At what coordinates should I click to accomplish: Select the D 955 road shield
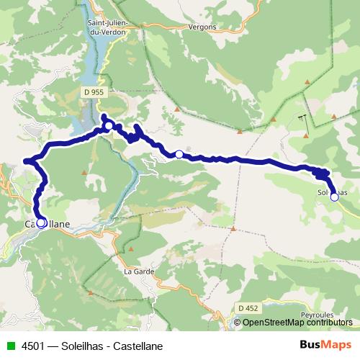point(94,93)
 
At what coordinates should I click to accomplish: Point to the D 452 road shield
point(248,307)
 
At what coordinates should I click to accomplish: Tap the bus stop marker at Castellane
point(41,223)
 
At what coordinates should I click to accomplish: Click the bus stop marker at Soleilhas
point(334,197)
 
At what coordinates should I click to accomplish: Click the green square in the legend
point(10,346)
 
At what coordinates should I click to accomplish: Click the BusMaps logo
point(325,345)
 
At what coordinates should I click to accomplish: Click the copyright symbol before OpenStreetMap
point(238,322)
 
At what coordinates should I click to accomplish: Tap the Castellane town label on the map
point(48,224)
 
